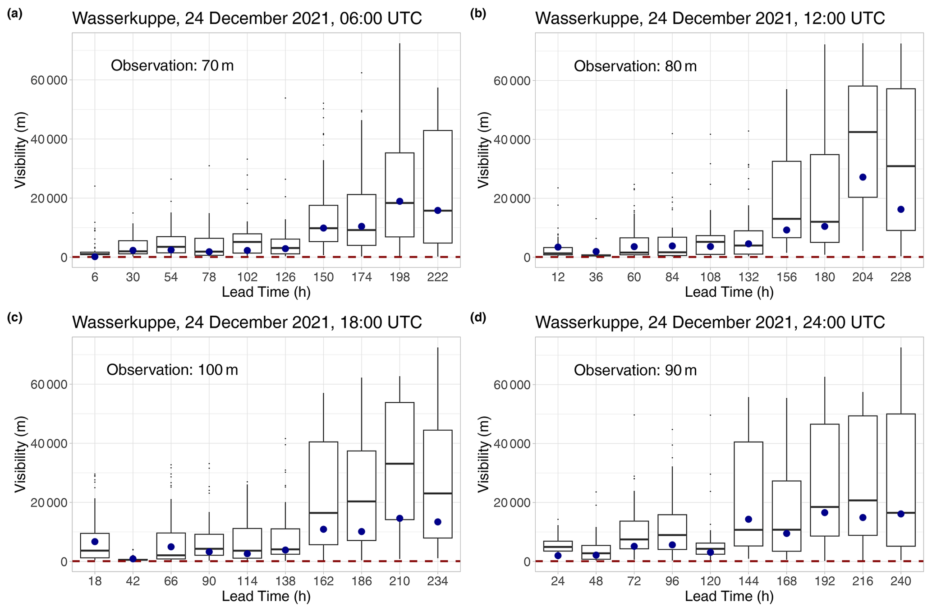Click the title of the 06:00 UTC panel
coord(247,18)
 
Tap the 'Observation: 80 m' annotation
coord(635,66)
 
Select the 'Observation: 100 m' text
coord(172,370)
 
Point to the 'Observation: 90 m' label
coord(635,370)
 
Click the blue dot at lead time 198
coord(399,201)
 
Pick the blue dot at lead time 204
coord(863,177)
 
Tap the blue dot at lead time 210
coord(399,518)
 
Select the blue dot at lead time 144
coord(748,519)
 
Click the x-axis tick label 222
coord(437,277)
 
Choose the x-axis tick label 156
coord(786,277)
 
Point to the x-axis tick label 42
coord(133,581)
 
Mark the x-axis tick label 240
coord(900,581)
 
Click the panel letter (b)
coord(478,14)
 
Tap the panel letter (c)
coord(14,318)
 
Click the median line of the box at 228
coord(900,166)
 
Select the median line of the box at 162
coord(323,513)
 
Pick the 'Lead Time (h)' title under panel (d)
coord(729,596)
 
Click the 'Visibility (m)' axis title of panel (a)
coord(20,150)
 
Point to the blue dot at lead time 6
coord(95,257)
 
